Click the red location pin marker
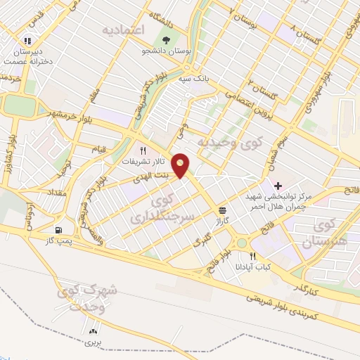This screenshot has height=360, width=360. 181,165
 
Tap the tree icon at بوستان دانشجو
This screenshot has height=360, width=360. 166,40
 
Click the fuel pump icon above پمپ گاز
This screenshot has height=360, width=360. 58,230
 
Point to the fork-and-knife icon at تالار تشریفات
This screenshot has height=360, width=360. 143,150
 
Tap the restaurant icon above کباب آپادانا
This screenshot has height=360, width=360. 252,257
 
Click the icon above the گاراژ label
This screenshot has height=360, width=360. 223,210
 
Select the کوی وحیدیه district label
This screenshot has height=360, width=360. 224,143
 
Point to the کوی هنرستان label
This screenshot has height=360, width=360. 325,233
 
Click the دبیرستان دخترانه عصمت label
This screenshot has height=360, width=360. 27,56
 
